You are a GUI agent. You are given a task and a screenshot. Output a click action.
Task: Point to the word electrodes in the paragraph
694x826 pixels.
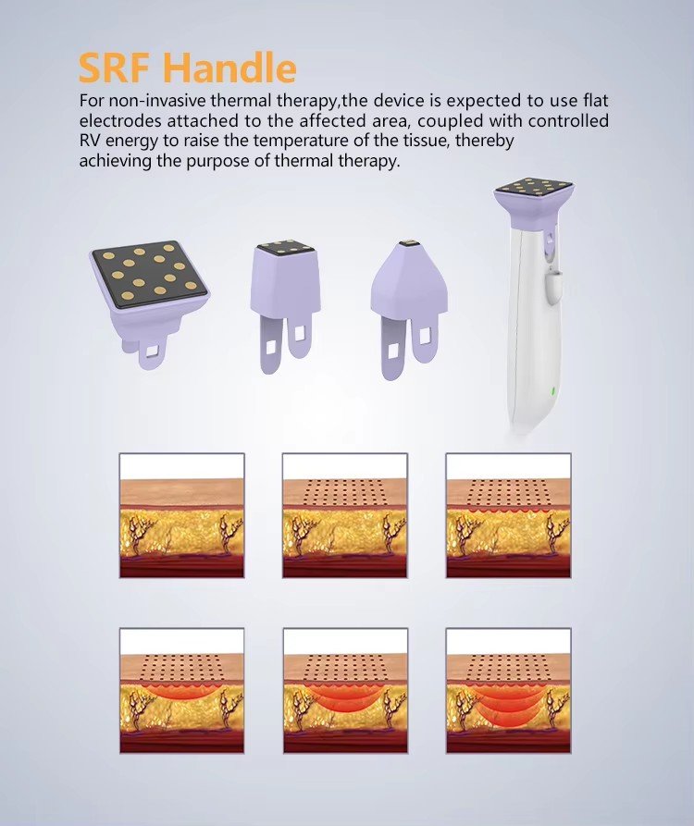(x=120, y=120)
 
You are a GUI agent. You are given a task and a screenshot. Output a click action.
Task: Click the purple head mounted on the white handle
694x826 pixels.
(x=533, y=203)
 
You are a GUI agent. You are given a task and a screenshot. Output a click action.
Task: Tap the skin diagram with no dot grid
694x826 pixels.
(x=181, y=515)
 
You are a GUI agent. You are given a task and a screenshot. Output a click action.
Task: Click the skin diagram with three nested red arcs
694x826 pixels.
(x=509, y=691)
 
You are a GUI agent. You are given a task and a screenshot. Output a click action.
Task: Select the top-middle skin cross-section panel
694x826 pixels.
(x=345, y=515)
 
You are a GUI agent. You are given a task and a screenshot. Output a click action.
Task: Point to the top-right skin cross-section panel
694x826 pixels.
(x=509, y=515)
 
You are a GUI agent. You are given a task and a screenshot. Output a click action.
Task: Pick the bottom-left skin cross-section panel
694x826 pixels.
(x=181, y=691)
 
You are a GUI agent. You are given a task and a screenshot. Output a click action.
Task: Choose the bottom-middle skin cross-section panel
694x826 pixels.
(x=345, y=691)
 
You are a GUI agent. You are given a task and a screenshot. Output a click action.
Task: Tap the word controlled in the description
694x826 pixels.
(x=568, y=120)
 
